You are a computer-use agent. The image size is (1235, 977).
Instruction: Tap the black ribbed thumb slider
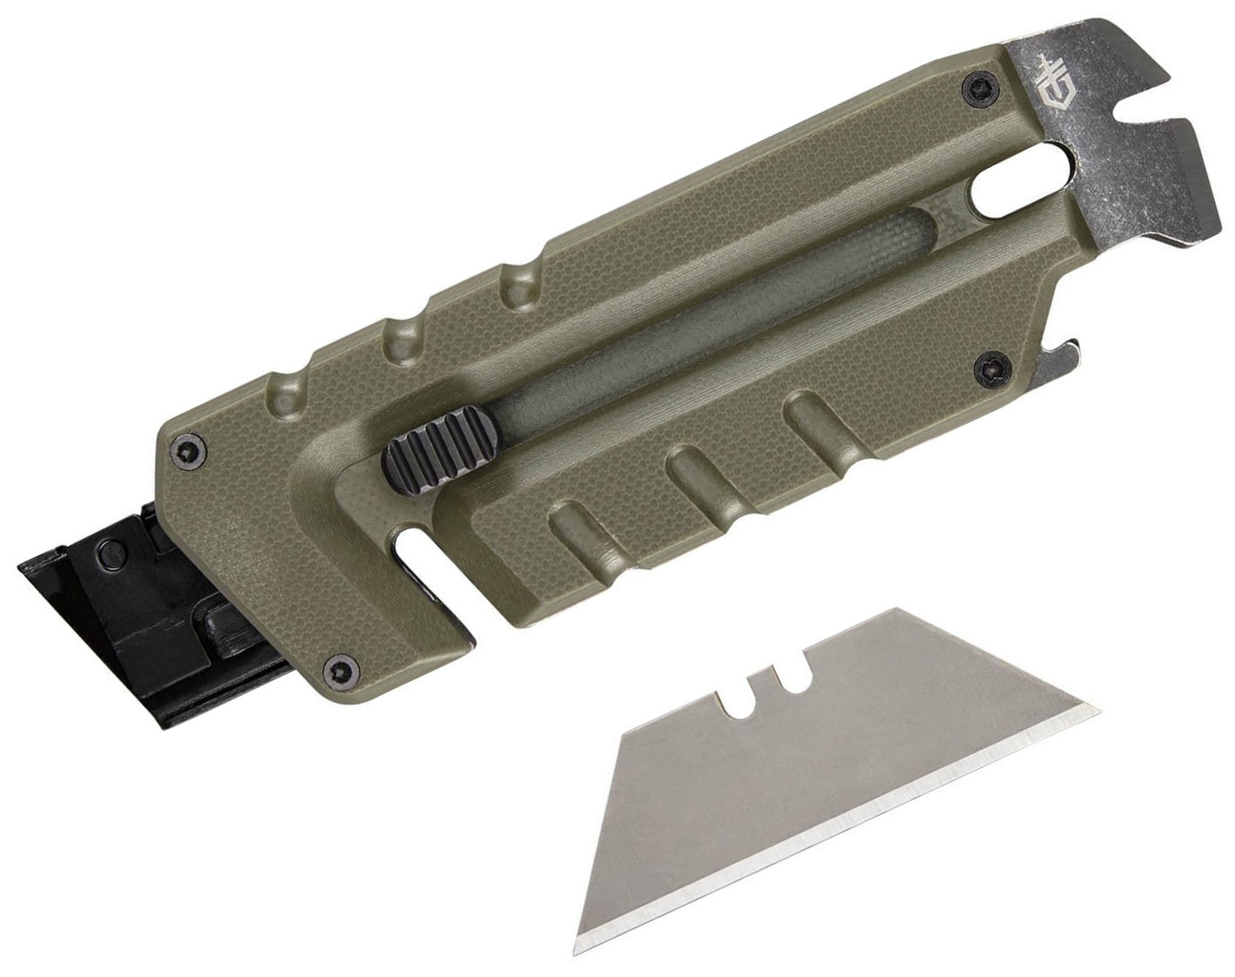[x=432, y=449]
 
